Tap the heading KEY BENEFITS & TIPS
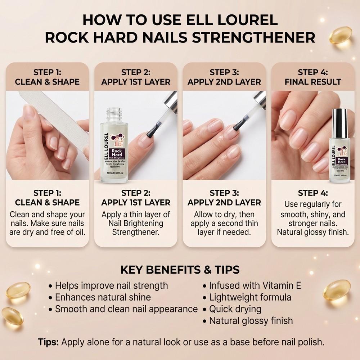(x=180, y=270)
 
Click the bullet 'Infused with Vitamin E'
(x=255, y=286)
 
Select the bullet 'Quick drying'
(x=235, y=309)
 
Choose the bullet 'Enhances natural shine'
(x=103, y=297)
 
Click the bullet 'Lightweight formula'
(x=250, y=297)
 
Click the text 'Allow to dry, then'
(x=224, y=215)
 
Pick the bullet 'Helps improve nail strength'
(x=111, y=286)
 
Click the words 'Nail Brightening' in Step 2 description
(x=136, y=223)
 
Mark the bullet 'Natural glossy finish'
(x=251, y=320)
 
